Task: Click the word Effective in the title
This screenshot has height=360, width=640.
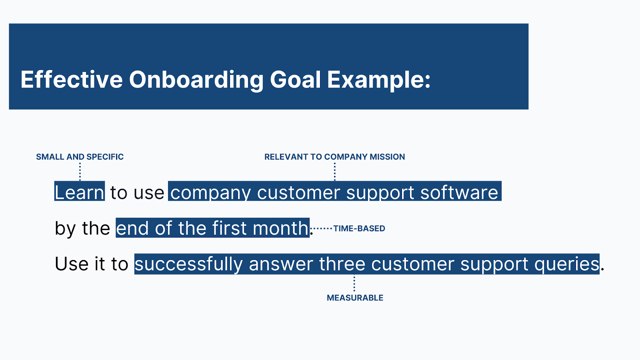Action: click(72, 80)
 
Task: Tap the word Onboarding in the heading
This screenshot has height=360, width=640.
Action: click(196, 80)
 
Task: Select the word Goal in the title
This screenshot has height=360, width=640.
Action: click(295, 80)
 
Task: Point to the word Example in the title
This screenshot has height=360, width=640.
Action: click(378, 80)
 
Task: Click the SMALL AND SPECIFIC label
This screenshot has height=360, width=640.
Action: click(80, 157)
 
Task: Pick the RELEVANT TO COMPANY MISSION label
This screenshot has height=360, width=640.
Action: click(334, 157)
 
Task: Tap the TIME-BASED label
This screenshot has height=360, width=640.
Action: click(359, 228)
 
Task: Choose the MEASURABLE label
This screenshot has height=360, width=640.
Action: click(355, 298)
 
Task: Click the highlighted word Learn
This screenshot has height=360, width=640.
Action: click(80, 192)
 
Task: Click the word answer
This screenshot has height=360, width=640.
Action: click(282, 264)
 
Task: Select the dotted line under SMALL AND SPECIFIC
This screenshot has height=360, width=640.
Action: click(80, 172)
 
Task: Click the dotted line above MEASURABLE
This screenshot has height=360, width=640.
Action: click(354, 284)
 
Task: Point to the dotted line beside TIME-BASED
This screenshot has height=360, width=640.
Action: click(322, 228)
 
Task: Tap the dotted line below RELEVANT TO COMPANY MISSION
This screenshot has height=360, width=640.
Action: click(335, 172)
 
